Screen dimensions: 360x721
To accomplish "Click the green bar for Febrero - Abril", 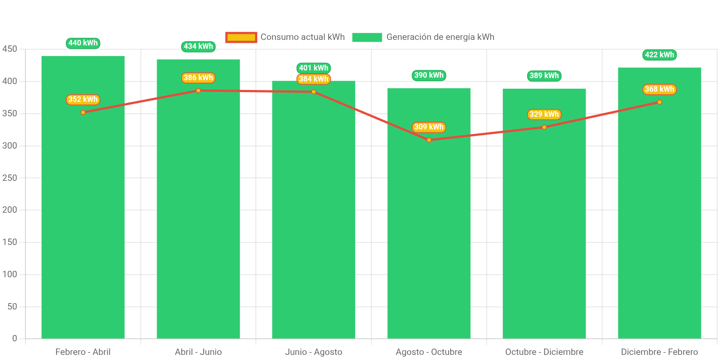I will (83, 212).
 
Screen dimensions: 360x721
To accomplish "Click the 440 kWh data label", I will (83, 43).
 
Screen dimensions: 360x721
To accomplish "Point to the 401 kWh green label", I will (314, 68).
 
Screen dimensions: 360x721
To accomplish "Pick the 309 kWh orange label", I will (429, 127).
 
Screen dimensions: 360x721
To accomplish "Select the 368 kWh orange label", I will (659, 89).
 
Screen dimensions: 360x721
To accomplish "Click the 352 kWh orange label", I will (83, 99).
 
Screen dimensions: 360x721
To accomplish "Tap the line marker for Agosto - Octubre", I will (429, 140).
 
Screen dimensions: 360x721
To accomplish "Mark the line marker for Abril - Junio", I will (198, 90).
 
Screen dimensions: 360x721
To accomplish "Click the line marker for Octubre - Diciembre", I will (544, 127).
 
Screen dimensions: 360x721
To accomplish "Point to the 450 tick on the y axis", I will (10, 49).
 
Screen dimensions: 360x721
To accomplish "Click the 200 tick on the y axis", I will (10, 210).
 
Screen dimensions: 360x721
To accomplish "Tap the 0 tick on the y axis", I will (14, 338).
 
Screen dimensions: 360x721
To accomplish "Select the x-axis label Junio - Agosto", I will (314, 352).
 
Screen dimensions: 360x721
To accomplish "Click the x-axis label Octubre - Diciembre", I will (544, 352).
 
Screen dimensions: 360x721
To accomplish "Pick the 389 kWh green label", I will (544, 76).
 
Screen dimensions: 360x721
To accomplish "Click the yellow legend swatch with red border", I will (241, 37).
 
